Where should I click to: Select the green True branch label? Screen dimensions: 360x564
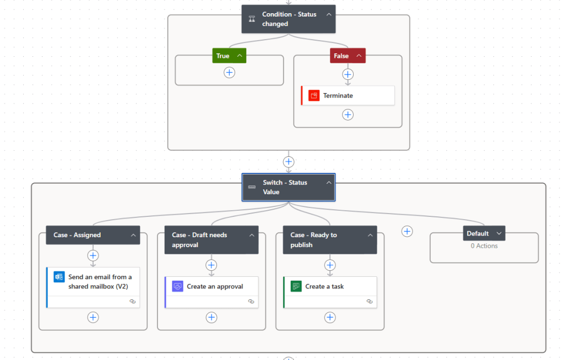click(223, 56)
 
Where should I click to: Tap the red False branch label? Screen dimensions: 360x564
click(341, 56)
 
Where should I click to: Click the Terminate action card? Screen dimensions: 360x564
click(348, 95)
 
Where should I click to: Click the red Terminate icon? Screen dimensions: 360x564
click(314, 95)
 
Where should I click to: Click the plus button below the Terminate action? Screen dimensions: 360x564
click(348, 114)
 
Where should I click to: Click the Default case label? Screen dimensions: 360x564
click(478, 233)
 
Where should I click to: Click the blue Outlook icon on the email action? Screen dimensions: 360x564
click(59, 277)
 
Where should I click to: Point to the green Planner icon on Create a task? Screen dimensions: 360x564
click(296, 286)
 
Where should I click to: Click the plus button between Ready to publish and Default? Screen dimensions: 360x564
click(407, 231)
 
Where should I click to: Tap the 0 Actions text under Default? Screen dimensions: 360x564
click(484, 246)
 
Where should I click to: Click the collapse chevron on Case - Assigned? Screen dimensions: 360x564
click(133, 235)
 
